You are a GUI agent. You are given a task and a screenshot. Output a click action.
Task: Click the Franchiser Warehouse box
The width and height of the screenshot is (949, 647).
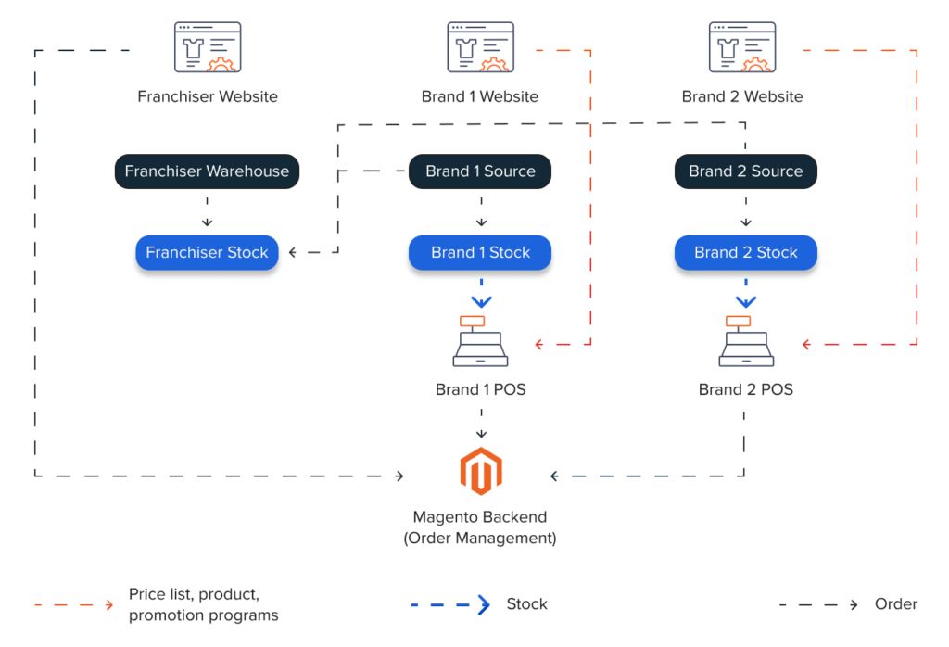[207, 171]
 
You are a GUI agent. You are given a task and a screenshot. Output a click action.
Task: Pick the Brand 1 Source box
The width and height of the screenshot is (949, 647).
[480, 171]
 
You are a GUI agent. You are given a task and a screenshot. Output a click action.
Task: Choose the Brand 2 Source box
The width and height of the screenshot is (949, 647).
[745, 171]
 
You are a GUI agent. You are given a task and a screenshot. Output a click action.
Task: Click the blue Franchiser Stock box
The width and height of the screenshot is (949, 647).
[207, 252]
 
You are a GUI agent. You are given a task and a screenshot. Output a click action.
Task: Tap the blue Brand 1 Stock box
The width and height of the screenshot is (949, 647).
[480, 252]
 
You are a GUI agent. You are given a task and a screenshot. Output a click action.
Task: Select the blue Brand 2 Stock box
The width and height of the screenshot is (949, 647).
[745, 252]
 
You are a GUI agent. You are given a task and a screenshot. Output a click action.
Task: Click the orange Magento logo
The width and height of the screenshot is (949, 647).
[480, 472]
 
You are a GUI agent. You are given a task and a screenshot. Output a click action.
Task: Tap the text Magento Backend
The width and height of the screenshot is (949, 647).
[480, 517]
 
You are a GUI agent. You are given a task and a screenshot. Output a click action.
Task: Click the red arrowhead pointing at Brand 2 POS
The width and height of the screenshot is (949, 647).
[806, 345]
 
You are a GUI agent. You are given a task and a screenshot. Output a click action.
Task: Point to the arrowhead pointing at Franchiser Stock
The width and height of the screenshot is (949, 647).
[293, 252]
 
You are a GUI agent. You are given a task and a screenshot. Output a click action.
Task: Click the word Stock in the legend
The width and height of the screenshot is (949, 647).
[526, 604]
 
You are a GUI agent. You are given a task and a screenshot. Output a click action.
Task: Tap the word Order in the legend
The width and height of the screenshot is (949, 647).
[895, 604]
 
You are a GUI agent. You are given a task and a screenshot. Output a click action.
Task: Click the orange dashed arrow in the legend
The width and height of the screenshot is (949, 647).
[74, 604]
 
